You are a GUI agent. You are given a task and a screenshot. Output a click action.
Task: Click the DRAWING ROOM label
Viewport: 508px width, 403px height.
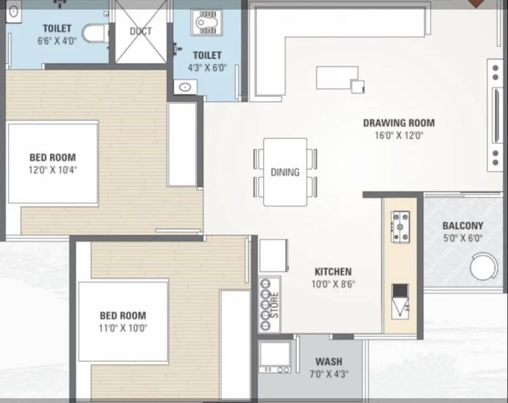click(399, 123)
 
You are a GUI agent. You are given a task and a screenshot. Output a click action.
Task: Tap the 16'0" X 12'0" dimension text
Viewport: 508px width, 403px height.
click(399, 135)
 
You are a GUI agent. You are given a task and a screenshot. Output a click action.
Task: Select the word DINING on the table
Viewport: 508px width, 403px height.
click(285, 172)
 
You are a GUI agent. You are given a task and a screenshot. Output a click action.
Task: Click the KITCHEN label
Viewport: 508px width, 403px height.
click(333, 271)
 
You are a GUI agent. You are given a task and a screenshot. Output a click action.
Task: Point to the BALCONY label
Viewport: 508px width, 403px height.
click(463, 226)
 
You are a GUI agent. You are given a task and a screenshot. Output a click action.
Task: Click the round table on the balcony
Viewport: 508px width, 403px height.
click(484, 266)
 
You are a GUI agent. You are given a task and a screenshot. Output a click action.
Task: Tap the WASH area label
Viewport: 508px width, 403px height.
click(329, 362)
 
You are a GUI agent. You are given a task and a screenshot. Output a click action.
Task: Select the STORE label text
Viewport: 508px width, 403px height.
click(275, 305)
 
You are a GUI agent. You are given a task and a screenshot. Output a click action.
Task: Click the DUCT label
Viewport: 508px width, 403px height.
click(141, 31)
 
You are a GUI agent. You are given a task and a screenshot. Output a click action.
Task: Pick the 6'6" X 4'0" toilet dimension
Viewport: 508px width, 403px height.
click(57, 40)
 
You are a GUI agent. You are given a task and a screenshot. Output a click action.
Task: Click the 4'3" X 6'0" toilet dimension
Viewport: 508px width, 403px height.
click(207, 67)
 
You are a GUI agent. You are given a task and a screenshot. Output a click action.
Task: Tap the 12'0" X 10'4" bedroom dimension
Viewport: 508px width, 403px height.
click(52, 170)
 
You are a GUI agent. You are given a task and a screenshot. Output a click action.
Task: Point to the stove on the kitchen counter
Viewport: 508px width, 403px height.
click(400, 226)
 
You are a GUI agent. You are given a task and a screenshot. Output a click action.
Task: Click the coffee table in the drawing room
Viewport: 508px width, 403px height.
click(337, 78)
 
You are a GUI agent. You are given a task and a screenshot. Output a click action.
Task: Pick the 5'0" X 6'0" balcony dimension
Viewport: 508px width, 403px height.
click(463, 238)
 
